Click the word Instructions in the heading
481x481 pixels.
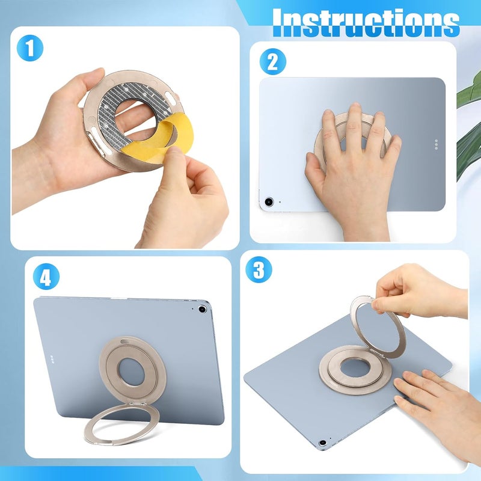pyautogui.click(x=366, y=22)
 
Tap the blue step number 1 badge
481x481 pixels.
pyautogui.click(x=30, y=49)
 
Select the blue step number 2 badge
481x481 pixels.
pyautogui.click(x=273, y=62)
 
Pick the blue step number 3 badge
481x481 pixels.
pyautogui.click(x=259, y=269)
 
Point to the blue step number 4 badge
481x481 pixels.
pyautogui.click(x=46, y=277)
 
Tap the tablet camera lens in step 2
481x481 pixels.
pyautogui.click(x=269, y=201)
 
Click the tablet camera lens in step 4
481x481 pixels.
pyautogui.click(x=202, y=309)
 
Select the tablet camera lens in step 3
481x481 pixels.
pyautogui.click(x=322, y=443)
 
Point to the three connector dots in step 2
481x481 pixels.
pyautogui.click(x=437, y=144)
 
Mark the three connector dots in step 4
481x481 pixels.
pyautogui.click(x=52, y=359)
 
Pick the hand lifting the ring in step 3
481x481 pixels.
pyautogui.click(x=420, y=295)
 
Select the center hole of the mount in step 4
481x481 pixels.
pyautogui.click(x=132, y=372)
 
